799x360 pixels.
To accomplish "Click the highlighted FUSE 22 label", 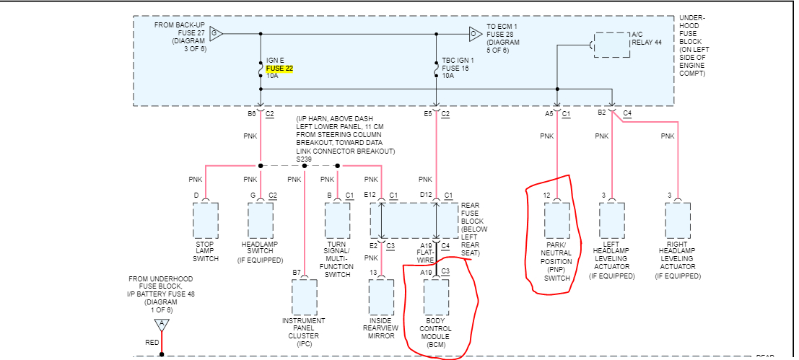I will (x=279, y=68).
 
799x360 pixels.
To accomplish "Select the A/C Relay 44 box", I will (x=611, y=45).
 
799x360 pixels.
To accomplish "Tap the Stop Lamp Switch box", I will (x=206, y=220).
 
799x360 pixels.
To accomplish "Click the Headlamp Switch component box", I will (x=261, y=220).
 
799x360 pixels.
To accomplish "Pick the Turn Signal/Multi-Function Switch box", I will (x=337, y=220).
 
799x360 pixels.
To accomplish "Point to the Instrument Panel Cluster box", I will (x=305, y=297).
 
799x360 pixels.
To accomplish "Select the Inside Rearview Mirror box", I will (x=381, y=297).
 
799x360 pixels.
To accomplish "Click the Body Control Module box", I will (x=436, y=297).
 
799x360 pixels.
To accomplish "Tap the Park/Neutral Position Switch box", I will (x=557, y=220).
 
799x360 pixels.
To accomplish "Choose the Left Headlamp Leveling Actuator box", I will (x=612, y=220).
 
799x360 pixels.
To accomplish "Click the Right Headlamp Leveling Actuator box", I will (x=678, y=220).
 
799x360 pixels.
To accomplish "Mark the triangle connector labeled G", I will (x=216, y=33).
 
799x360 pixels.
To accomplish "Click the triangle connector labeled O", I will (x=474, y=33).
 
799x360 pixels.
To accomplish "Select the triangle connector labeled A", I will (x=162, y=324).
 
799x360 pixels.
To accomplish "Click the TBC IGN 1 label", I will (x=458, y=60).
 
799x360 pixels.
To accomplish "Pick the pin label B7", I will (x=296, y=272).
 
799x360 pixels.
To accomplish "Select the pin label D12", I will (x=427, y=196).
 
